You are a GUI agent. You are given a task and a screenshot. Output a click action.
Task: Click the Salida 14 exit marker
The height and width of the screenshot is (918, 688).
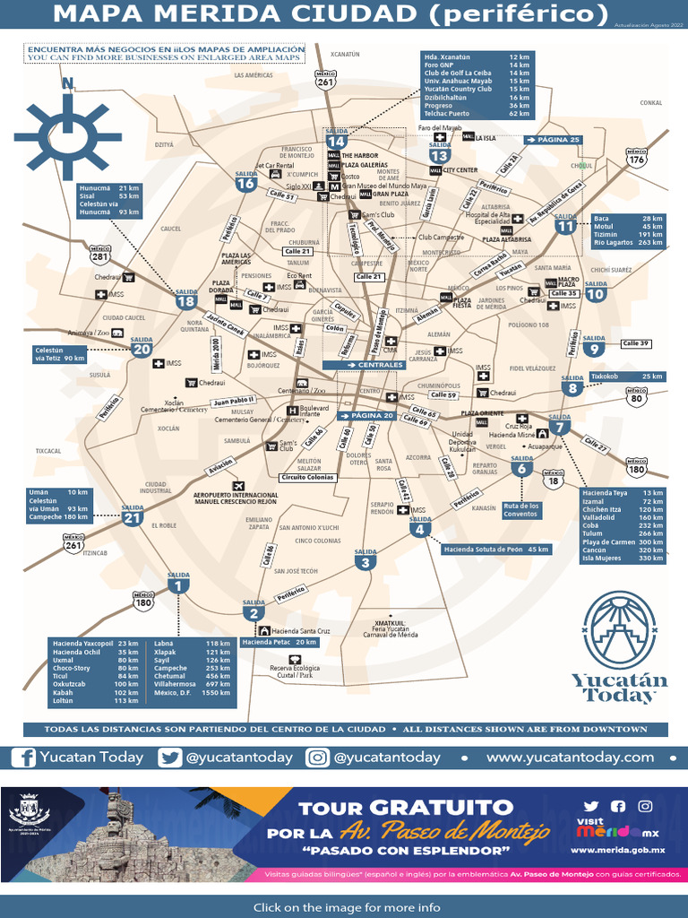(336, 141)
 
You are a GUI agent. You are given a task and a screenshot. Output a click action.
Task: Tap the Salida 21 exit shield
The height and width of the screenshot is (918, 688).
(133, 517)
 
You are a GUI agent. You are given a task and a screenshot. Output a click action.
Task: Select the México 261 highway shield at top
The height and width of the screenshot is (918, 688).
(325, 81)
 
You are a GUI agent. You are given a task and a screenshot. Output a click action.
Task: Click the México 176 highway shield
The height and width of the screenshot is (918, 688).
(636, 159)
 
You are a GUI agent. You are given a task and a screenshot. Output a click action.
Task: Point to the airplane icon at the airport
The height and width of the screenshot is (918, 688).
(238, 486)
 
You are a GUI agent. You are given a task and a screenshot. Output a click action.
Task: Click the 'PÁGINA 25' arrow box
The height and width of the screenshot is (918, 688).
(554, 140)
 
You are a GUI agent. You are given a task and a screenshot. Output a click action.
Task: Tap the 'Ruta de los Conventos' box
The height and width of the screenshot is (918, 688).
(520, 510)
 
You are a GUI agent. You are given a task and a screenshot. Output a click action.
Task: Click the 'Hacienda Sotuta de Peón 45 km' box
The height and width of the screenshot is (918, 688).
(495, 549)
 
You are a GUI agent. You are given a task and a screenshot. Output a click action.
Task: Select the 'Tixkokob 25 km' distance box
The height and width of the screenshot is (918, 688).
(626, 376)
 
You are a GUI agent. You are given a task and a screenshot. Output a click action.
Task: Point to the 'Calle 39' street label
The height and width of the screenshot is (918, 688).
(636, 343)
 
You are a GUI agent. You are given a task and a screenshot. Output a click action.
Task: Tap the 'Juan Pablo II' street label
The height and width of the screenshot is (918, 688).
(234, 400)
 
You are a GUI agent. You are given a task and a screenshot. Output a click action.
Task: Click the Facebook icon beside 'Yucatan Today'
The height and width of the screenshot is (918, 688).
(25, 758)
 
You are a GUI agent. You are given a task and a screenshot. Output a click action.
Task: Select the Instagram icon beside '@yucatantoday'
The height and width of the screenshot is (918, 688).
(318, 758)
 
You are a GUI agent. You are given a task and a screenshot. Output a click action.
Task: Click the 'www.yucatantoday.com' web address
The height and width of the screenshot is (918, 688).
(570, 758)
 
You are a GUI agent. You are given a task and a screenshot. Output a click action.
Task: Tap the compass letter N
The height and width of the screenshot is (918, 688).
(67, 84)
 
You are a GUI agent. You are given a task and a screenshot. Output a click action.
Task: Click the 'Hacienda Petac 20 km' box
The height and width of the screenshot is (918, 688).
(279, 642)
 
